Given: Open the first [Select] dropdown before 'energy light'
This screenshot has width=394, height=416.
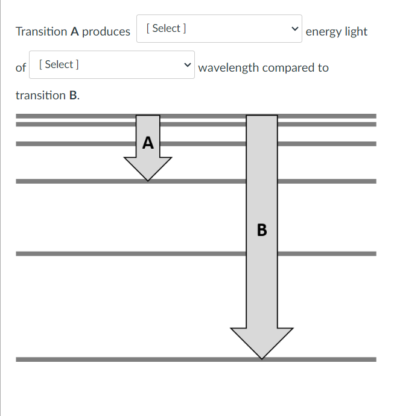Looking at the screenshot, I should coord(218,29).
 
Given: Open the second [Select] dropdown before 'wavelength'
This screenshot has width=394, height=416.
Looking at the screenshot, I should coord(112,65).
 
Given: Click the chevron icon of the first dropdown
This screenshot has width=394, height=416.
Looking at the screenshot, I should coord(294,29).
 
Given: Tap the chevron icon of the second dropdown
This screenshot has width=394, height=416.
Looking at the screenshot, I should coord(187,65).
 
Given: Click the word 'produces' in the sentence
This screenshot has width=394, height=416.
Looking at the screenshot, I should coord(106,32).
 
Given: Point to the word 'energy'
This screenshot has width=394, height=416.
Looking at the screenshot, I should coord(323,32).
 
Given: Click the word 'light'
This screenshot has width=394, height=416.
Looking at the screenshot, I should coord(355,32).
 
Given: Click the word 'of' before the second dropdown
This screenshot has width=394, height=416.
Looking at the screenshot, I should coord(21,68).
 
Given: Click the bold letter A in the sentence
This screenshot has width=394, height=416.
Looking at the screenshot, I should coord(75,32).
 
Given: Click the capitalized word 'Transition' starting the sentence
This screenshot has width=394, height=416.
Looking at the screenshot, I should coord(42,32).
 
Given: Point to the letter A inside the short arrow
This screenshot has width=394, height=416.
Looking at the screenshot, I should coord(148,143).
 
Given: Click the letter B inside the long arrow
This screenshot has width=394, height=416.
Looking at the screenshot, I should coord(261,230).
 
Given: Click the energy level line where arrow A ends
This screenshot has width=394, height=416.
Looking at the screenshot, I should coord(72,181).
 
